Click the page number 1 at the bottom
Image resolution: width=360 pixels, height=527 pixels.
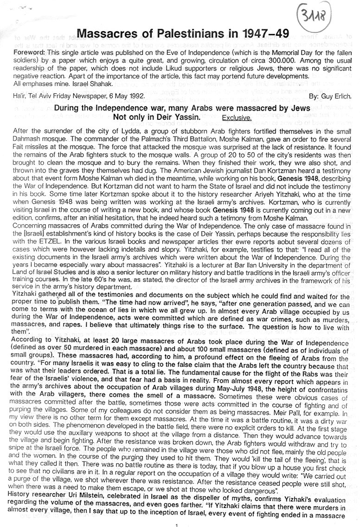click(178, 524)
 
